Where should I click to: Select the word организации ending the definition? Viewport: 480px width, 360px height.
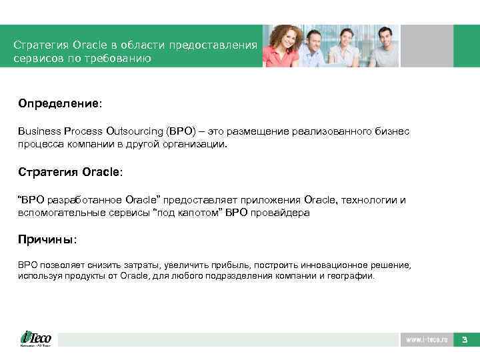[x=197, y=143]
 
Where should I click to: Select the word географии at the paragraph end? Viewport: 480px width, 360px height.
[x=353, y=275]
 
